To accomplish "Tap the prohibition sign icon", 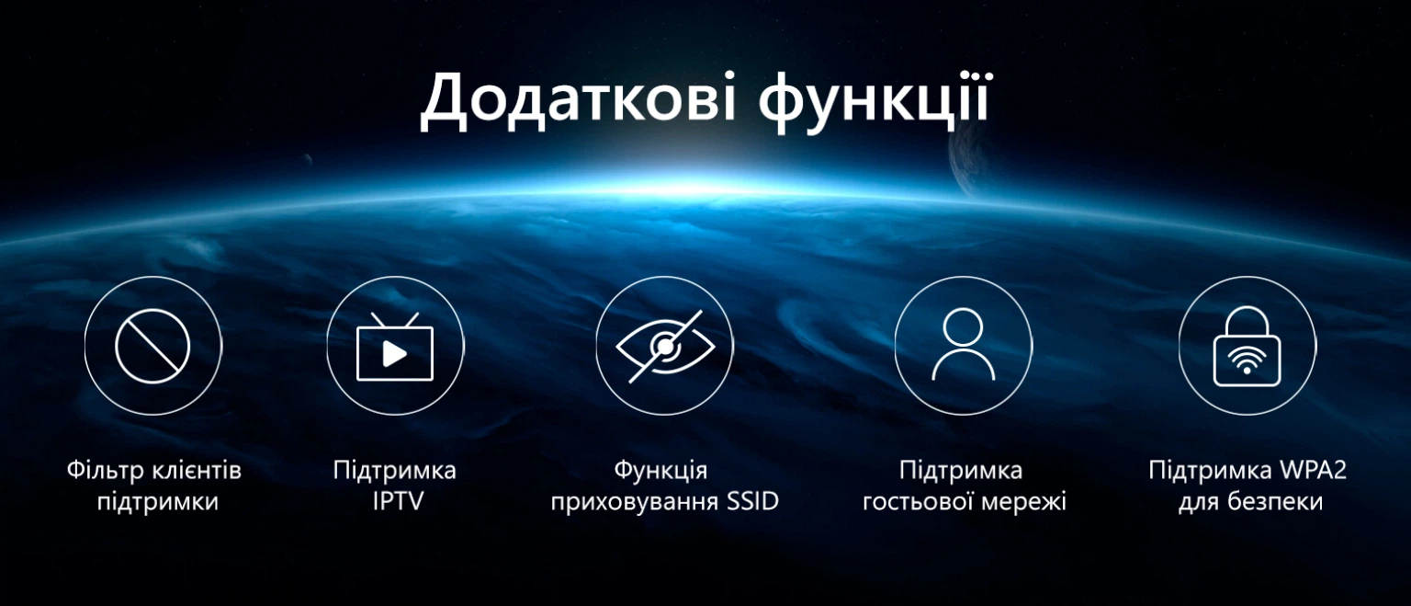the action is [x=153, y=346].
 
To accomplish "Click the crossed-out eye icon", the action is [x=665, y=346].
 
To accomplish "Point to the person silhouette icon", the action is [x=963, y=344].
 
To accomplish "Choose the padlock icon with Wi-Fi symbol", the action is [x=1247, y=346].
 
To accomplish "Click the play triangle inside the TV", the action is [x=394, y=354].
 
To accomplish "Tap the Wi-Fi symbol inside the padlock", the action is [x=1247, y=360].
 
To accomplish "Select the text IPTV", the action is [x=398, y=501].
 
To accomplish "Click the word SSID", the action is [x=752, y=501].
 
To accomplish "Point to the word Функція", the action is [x=660, y=471].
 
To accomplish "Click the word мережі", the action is [x=1021, y=502].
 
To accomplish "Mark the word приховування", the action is [x=635, y=503].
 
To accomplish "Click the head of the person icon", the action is [x=963, y=327].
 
